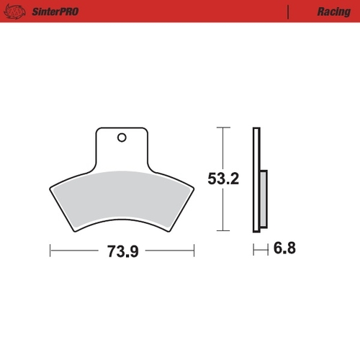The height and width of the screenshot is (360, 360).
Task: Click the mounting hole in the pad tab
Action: pyautogui.click(x=122, y=138)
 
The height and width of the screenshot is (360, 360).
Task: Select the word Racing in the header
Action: pyautogui.click(x=333, y=12)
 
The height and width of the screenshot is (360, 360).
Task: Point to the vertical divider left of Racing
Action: pyautogui.click(x=288, y=12)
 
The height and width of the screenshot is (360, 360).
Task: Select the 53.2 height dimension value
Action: pyautogui.click(x=223, y=179)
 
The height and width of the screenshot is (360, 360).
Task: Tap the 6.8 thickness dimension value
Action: pyautogui.click(x=285, y=249)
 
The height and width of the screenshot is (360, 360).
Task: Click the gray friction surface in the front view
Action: pyautogui.click(x=122, y=198)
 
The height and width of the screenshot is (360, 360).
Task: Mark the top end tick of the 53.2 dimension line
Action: pyautogui.click(x=223, y=127)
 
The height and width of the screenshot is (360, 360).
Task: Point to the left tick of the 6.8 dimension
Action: pyautogui.click(x=253, y=250)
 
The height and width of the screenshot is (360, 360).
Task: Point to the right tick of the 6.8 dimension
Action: pyautogui.click(x=268, y=250)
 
